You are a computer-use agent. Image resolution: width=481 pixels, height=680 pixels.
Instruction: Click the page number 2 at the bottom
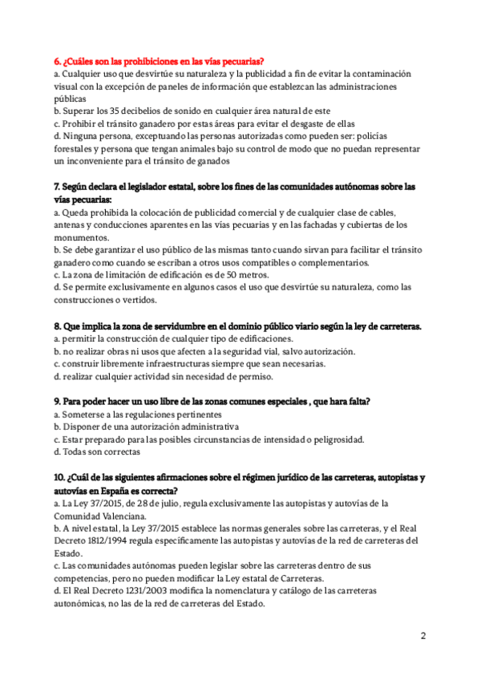coord(423,636)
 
